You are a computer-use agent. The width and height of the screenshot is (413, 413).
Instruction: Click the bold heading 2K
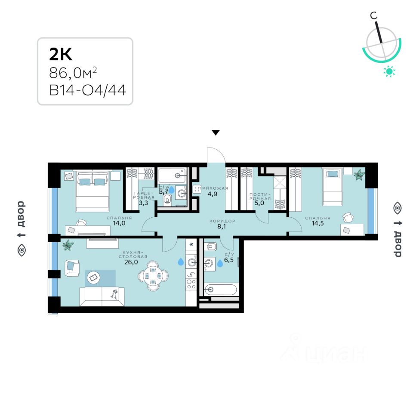61,54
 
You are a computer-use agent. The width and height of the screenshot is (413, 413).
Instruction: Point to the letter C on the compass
374,15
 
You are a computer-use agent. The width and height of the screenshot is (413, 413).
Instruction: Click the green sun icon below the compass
389,71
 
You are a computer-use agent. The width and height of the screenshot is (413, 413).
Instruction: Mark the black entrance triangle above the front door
216,133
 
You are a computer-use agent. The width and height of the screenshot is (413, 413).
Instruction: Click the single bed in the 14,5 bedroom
333,186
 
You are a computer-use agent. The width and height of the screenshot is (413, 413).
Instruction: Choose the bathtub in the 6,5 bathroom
221,290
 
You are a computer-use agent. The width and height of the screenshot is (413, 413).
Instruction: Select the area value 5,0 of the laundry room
260,204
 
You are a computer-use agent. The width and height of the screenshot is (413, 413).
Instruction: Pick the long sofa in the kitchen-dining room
102,296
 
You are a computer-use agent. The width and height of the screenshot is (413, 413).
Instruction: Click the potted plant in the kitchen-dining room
68,245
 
